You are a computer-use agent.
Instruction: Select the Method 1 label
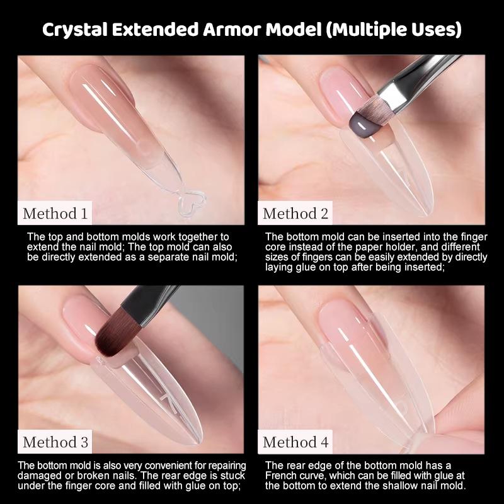point(55,214)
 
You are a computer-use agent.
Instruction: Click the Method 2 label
point(295,214)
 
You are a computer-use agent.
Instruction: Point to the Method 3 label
point(55,442)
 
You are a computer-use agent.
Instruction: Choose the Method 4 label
point(295,442)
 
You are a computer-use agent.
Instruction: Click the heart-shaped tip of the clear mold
point(192,203)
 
